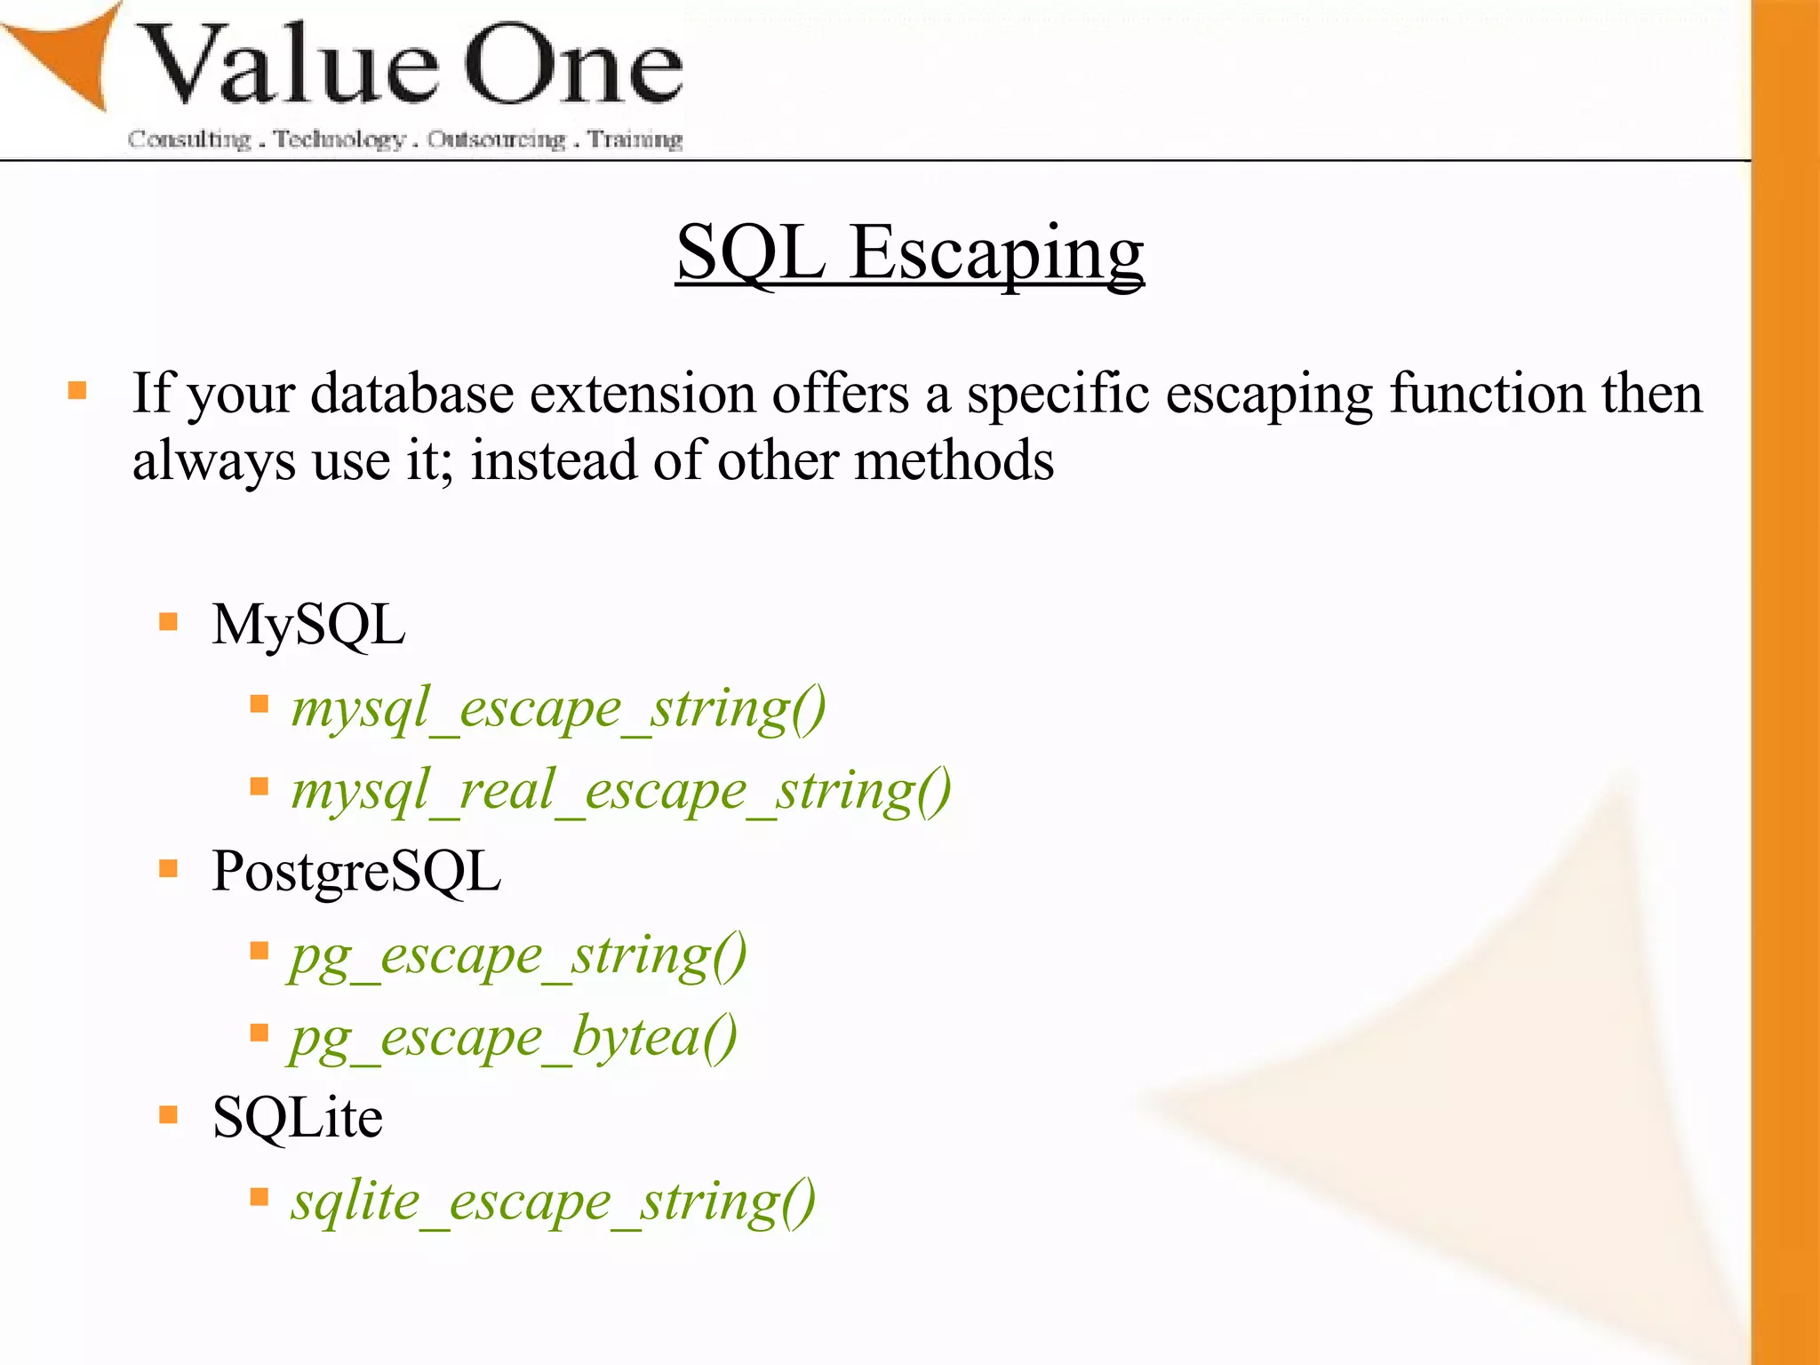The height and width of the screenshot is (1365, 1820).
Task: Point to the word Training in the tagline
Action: pyautogui.click(x=635, y=140)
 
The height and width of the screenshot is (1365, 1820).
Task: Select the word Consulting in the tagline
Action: pyautogui.click(x=189, y=140)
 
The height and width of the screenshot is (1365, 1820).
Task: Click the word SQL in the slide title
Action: pyautogui.click(x=751, y=253)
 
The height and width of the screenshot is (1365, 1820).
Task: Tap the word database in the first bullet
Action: pyautogui.click(x=412, y=394)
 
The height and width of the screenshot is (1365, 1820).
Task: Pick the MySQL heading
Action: pyautogui.click(x=308, y=625)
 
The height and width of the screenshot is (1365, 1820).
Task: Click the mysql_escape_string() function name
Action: pyautogui.click(x=559, y=709)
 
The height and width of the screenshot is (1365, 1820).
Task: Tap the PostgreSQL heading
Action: pyautogui.click(x=356, y=871)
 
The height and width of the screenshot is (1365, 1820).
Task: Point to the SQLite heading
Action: pyautogui.click(x=298, y=1117)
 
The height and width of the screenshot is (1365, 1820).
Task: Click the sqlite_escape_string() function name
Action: pyautogui.click(x=554, y=1201)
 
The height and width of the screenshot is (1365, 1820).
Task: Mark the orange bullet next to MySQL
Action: pyautogui.click(x=169, y=621)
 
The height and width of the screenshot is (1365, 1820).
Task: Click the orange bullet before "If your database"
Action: pyautogui.click(x=77, y=391)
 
